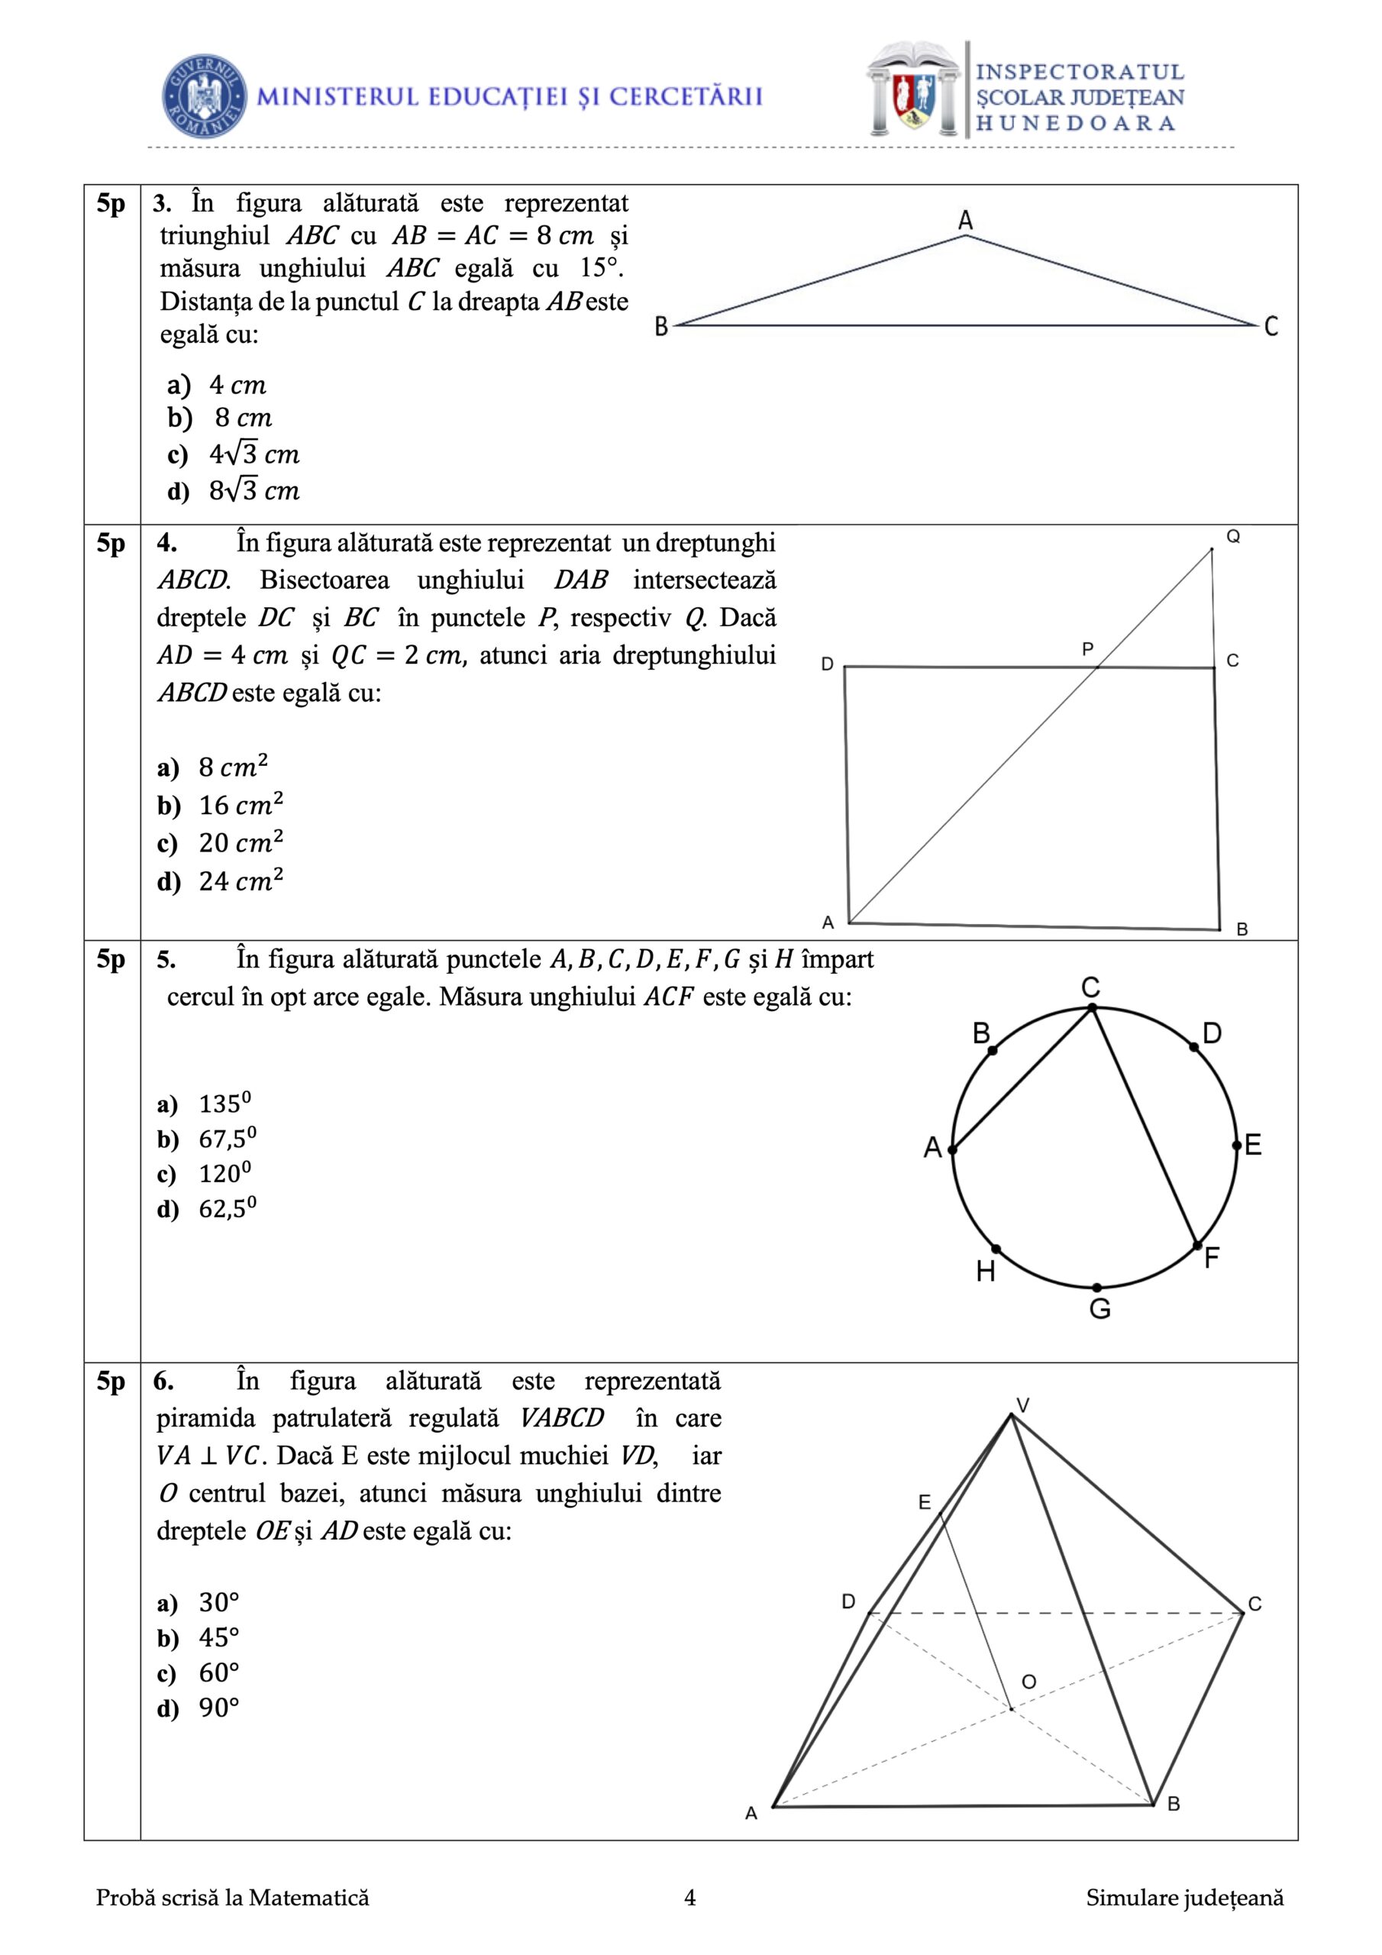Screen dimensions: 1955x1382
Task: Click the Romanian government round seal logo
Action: point(205,96)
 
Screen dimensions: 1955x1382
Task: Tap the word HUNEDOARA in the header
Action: point(1076,124)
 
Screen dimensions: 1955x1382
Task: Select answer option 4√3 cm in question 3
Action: point(253,454)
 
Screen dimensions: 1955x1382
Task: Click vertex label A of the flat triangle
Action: point(965,221)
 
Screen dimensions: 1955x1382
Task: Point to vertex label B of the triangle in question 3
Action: point(660,326)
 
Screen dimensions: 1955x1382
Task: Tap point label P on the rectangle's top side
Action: point(1087,650)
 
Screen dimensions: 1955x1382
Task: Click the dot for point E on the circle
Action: point(1236,1146)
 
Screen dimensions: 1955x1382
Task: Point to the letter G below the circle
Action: point(1099,1309)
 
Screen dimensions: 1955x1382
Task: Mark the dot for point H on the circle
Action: point(996,1249)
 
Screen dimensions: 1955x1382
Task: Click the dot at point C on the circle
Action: point(1093,1008)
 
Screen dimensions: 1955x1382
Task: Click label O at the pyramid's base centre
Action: point(1028,1682)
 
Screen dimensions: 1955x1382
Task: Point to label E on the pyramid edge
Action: point(925,1503)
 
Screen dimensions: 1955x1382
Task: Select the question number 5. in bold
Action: point(166,960)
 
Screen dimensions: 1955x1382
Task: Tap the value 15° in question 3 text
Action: point(601,268)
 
